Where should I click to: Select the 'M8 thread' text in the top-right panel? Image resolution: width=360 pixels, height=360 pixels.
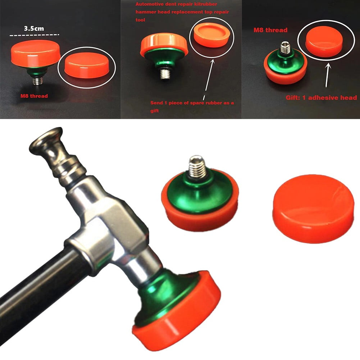click(270, 30)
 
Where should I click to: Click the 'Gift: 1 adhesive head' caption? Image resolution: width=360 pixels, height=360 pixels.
click(321, 97)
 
